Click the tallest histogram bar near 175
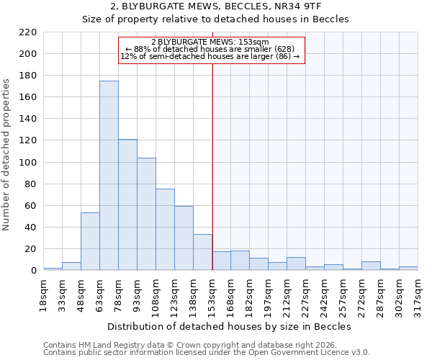(109, 176)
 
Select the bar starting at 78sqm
(127, 204)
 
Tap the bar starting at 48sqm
(90, 241)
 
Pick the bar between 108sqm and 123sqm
(165, 230)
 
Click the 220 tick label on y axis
(27, 32)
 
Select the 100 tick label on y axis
(27, 163)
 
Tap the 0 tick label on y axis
(33, 271)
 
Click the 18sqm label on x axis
(44, 293)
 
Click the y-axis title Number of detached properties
(7, 156)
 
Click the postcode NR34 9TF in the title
(315, 6)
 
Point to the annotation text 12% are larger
(210, 56)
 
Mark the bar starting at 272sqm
(371, 266)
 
